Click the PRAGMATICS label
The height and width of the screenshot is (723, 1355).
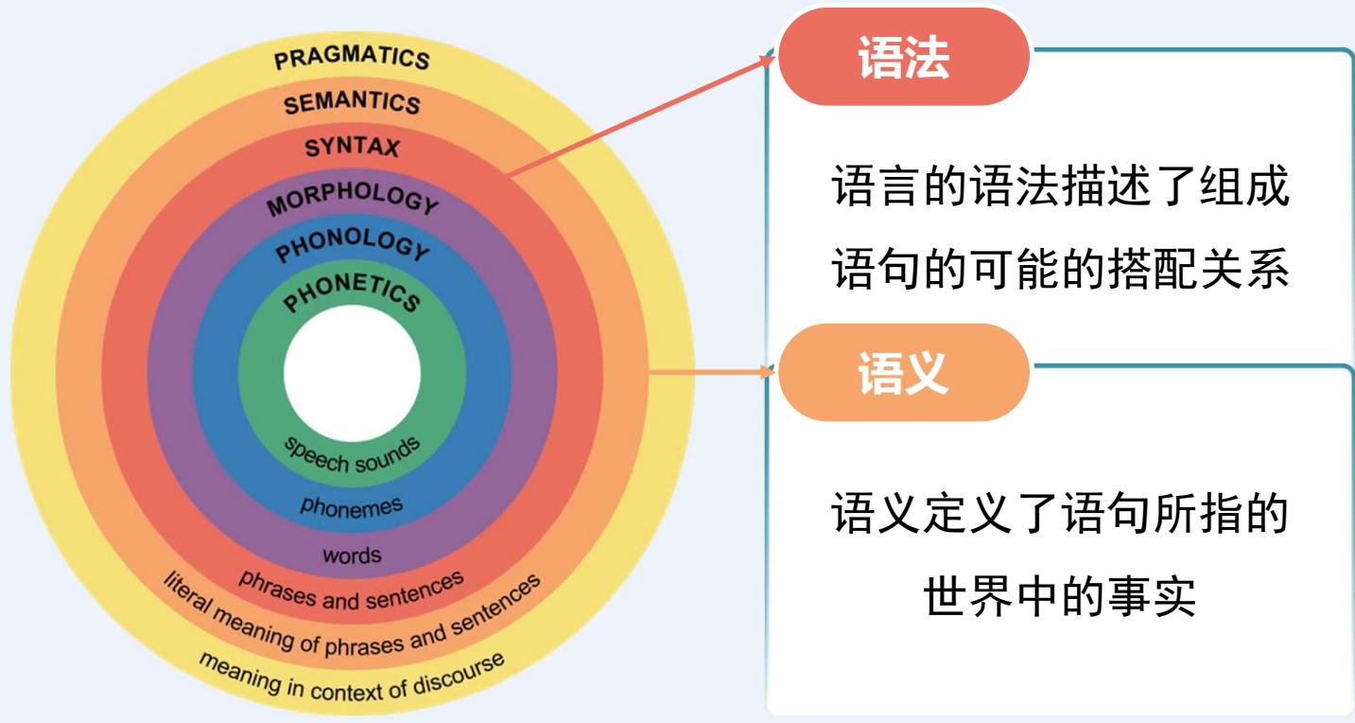[352, 57]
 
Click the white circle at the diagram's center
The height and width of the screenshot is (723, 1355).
[352, 370]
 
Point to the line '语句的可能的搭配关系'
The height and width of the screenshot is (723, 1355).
[1059, 271]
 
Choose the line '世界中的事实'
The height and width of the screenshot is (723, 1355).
[1059, 596]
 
